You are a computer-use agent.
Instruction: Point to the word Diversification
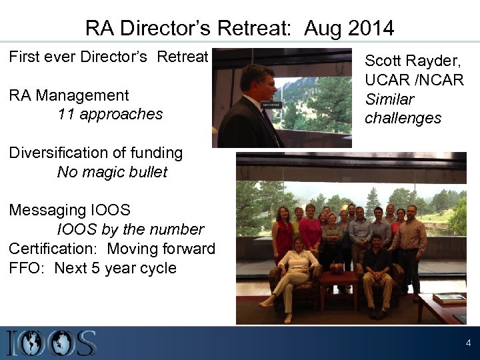tap(57, 153)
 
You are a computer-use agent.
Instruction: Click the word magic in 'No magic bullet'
tap(104, 172)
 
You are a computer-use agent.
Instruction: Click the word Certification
tap(53, 249)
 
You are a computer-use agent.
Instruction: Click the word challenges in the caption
tap(403, 118)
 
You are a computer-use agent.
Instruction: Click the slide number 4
tap(468, 343)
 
